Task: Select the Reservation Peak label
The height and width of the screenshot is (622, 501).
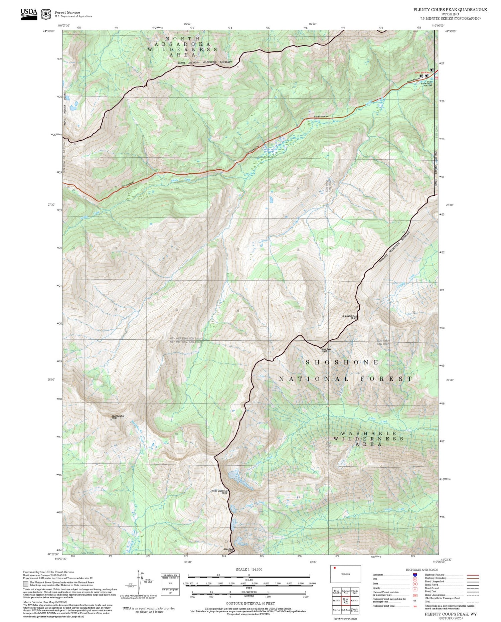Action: pyautogui.click(x=349, y=316)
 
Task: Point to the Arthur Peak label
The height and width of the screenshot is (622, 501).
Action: pyautogui.click(x=326, y=350)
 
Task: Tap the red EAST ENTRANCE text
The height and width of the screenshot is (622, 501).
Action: pyautogui.click(x=423, y=72)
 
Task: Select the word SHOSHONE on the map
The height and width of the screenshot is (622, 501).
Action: pyautogui.click(x=342, y=362)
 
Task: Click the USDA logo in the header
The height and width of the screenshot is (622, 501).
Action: pyautogui.click(x=29, y=14)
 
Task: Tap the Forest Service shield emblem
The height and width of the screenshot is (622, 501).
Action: pyautogui.click(x=46, y=14)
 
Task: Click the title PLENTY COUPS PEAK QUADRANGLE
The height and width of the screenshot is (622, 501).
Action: pyautogui.click(x=450, y=10)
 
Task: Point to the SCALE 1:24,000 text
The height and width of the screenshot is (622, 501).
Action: pyautogui.click(x=249, y=570)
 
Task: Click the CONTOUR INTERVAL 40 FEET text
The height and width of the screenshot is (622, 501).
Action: pyautogui.click(x=250, y=603)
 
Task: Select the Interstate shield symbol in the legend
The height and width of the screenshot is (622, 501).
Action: pyautogui.click(x=414, y=575)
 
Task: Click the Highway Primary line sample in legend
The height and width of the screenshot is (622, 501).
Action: pyautogui.click(x=472, y=575)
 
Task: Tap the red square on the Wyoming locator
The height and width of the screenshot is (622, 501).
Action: pyautogui.click(x=334, y=568)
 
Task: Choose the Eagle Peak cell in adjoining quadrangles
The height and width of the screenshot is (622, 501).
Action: pyautogui.click(x=345, y=610)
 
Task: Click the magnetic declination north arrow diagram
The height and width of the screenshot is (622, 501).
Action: pyautogui.click(x=140, y=582)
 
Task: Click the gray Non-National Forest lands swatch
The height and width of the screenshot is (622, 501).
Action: pyautogui.click(x=26, y=584)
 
